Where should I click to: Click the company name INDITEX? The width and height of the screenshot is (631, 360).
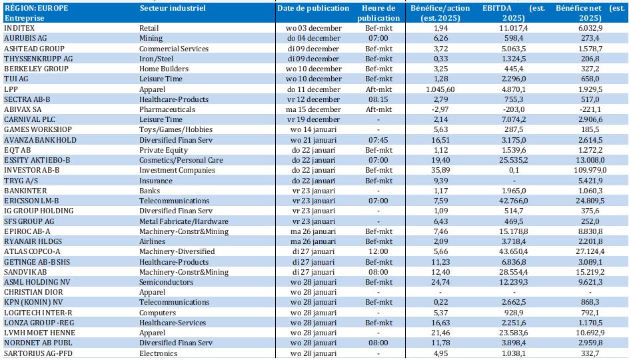(x=19, y=28)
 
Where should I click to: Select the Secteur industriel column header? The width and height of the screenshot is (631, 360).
(x=173, y=8)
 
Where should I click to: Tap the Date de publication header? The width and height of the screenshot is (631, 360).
(x=313, y=8)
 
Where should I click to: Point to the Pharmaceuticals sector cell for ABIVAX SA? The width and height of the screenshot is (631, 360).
(x=167, y=109)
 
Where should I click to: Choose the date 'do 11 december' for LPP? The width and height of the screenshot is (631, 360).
(x=313, y=89)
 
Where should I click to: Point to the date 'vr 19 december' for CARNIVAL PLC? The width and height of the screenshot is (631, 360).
(x=313, y=119)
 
